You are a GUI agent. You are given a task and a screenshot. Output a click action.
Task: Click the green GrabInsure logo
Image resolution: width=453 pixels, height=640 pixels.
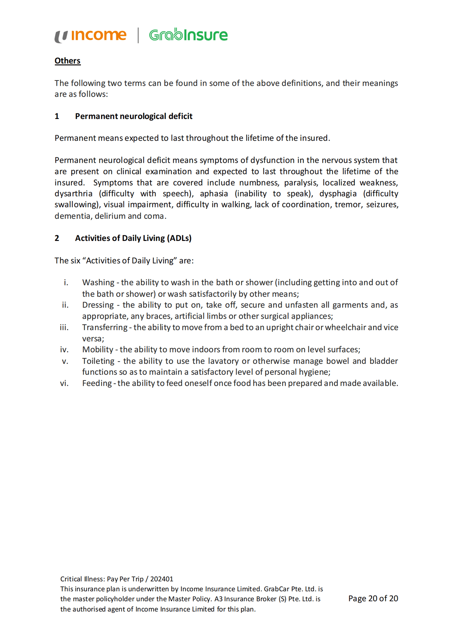pyautogui.click(x=188, y=35)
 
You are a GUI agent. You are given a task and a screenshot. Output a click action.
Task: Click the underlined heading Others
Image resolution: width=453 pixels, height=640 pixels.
pyautogui.click(x=67, y=61)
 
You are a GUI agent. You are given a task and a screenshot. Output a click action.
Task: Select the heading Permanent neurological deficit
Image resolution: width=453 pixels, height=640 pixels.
pyautogui.click(x=134, y=116)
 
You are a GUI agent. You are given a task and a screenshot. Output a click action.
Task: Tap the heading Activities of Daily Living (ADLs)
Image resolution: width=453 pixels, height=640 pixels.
pyautogui.click(x=133, y=238)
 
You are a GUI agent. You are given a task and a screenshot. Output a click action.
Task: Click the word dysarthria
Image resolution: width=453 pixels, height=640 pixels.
pyautogui.click(x=74, y=194)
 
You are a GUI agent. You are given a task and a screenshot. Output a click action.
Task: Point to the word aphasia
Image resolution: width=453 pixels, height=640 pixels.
pyautogui.click(x=214, y=194)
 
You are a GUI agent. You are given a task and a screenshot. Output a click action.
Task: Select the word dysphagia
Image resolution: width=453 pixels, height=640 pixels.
pyautogui.click(x=338, y=194)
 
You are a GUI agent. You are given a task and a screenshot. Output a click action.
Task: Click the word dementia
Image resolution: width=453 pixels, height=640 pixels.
pyautogui.click(x=72, y=216)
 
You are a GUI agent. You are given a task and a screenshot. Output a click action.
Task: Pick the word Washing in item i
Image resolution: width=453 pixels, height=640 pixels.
pyautogui.click(x=98, y=283)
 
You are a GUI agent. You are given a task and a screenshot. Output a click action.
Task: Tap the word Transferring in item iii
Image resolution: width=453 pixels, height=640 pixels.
pyautogui.click(x=105, y=327)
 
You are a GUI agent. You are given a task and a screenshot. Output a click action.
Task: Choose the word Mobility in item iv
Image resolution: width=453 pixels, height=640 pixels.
pyautogui.click(x=98, y=350)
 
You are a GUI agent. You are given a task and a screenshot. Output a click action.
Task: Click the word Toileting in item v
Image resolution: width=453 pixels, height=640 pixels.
pyautogui.click(x=98, y=361)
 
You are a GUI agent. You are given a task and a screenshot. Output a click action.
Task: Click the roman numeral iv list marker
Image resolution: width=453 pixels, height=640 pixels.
pyautogui.click(x=64, y=350)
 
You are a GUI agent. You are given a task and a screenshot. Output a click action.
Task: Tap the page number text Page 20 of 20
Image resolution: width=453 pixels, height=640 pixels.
pyautogui.click(x=373, y=599)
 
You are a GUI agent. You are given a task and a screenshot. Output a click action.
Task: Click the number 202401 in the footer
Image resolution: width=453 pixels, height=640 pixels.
pyautogui.click(x=162, y=579)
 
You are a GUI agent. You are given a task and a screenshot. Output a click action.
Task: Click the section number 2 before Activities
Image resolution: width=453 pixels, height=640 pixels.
pyautogui.click(x=57, y=238)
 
